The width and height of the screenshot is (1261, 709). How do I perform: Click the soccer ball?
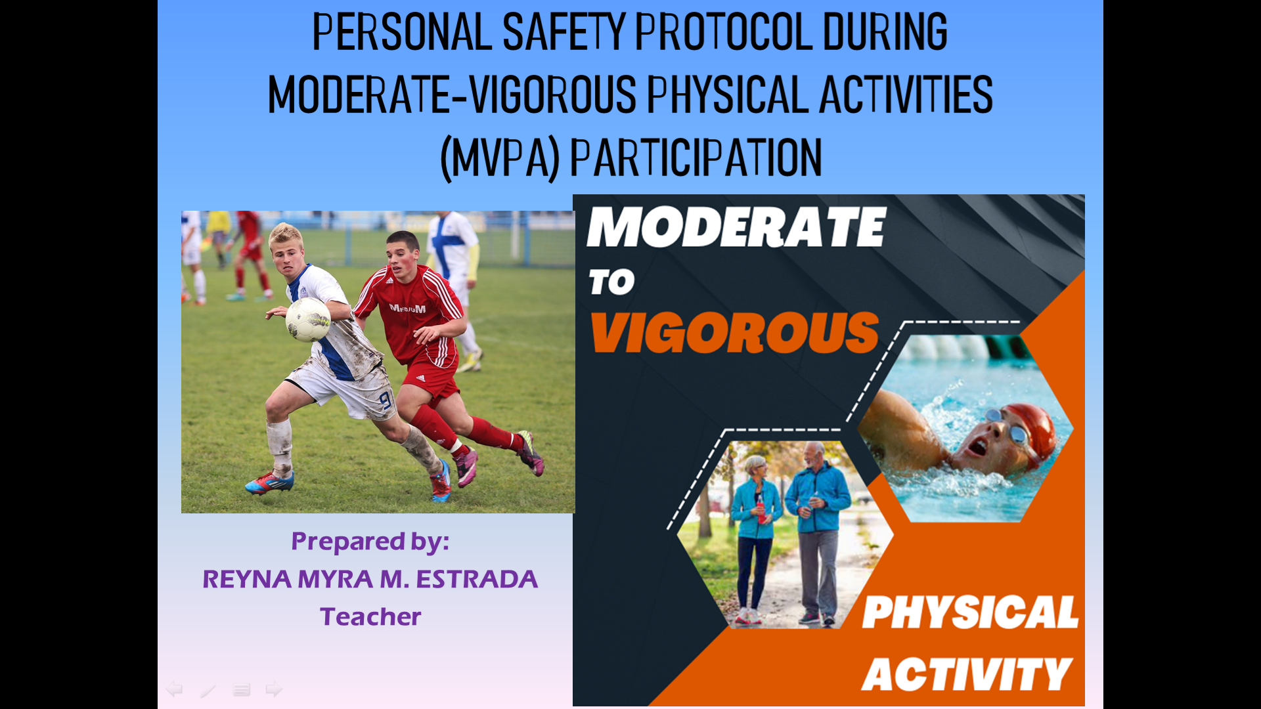point(308,320)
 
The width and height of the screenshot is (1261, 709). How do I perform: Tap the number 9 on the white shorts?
point(385,400)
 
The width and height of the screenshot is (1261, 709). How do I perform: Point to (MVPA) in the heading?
point(499,158)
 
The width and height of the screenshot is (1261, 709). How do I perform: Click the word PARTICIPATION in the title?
point(696,158)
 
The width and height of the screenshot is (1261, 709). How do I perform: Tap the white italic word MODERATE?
point(737,227)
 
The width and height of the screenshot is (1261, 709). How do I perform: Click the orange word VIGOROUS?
point(735,332)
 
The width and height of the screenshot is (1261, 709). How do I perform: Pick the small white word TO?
point(611,282)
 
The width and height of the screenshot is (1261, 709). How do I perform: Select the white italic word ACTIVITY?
point(967,674)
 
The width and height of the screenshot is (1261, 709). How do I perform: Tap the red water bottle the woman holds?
point(761,508)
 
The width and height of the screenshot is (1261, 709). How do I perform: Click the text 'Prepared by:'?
point(370,542)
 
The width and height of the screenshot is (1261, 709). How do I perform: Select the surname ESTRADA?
point(477,579)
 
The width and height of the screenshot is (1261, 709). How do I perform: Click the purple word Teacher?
point(370,616)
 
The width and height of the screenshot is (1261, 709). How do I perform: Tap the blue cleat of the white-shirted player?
point(269,484)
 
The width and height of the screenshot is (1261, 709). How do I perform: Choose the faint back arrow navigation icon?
point(174,689)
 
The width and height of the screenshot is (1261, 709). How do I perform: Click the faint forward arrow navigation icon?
point(274,689)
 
